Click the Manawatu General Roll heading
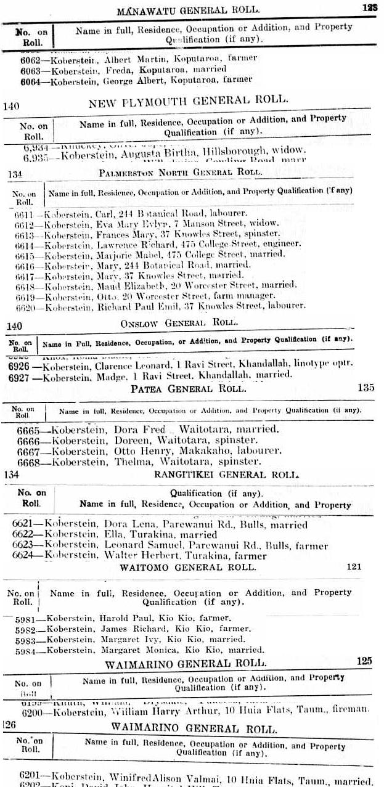tap(188, 10)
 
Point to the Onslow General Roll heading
tap(189, 323)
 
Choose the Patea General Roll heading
tap(189, 389)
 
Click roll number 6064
tap(32, 80)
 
